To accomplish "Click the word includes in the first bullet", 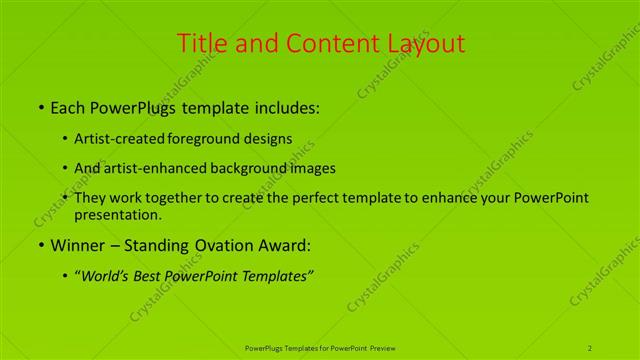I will click(287, 107).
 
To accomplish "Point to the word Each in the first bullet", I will click(67, 107).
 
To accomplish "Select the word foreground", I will click(207, 139).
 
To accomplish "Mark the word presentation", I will click(118, 214).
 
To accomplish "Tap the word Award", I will click(286, 244).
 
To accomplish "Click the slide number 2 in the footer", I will click(590, 348).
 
